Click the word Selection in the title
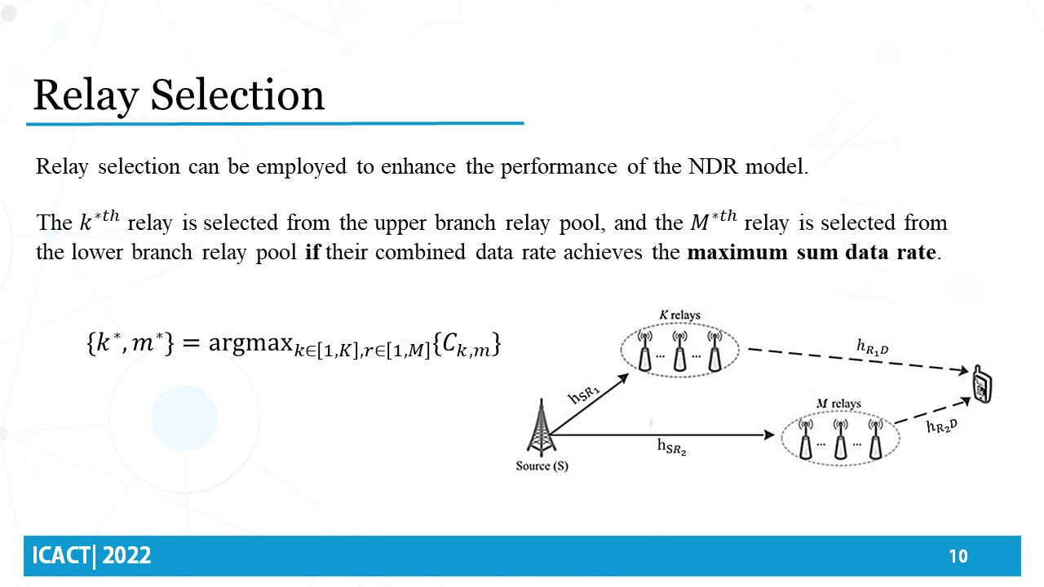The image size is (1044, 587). point(237,95)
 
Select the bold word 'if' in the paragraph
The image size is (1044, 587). point(312,252)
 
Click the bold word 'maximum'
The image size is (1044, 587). point(737,252)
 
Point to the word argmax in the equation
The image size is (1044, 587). point(250,344)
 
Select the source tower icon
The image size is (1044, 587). point(541,427)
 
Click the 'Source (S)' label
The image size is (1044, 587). point(542,466)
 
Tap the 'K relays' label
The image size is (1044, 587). point(679,316)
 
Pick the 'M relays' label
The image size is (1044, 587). point(838,404)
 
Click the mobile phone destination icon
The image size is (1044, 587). point(982,384)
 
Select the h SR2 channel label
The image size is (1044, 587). point(671,447)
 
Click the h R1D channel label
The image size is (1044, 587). point(873,347)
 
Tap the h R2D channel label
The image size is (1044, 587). point(942,426)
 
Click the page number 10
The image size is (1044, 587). point(958,556)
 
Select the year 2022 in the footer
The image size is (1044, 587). point(126,556)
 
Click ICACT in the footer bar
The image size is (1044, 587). point(61,556)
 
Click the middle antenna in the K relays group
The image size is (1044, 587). point(679,351)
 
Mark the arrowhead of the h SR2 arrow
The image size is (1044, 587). point(769,435)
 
